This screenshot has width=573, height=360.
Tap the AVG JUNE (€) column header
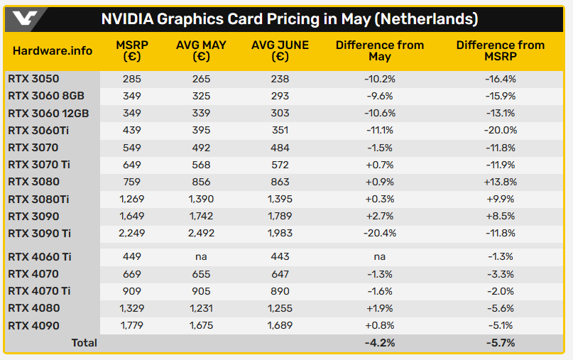pos(280,50)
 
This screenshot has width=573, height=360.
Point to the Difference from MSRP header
pos(500,50)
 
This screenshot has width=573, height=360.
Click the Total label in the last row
pos(84,343)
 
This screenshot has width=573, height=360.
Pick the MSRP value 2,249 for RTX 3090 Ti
pos(131,234)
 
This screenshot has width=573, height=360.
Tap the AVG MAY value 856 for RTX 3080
pos(201,182)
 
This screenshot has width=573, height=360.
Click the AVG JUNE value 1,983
pos(280,234)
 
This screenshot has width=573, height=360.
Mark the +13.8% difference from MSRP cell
pos(500,182)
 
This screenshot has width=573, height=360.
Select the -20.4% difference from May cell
pos(379,234)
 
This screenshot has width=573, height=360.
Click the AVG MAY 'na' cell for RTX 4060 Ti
pos(201,256)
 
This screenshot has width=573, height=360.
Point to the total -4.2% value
pos(379,343)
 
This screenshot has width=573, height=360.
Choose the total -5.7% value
pos(500,343)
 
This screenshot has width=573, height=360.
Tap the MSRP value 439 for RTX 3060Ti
pos(131,130)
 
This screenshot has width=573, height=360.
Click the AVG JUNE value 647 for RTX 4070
pos(280,273)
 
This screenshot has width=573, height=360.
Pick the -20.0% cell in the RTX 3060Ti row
pos(500,130)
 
